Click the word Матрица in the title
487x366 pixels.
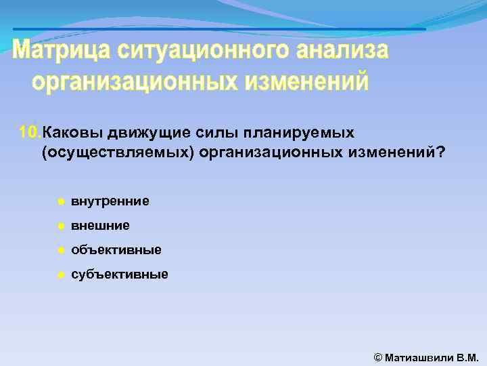60,51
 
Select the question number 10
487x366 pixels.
30,131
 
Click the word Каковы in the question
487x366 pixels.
68,131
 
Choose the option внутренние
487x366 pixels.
110,201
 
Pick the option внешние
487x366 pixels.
100,225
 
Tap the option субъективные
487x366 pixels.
120,274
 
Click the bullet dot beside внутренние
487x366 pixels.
60,201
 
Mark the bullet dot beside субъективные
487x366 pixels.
60,275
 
